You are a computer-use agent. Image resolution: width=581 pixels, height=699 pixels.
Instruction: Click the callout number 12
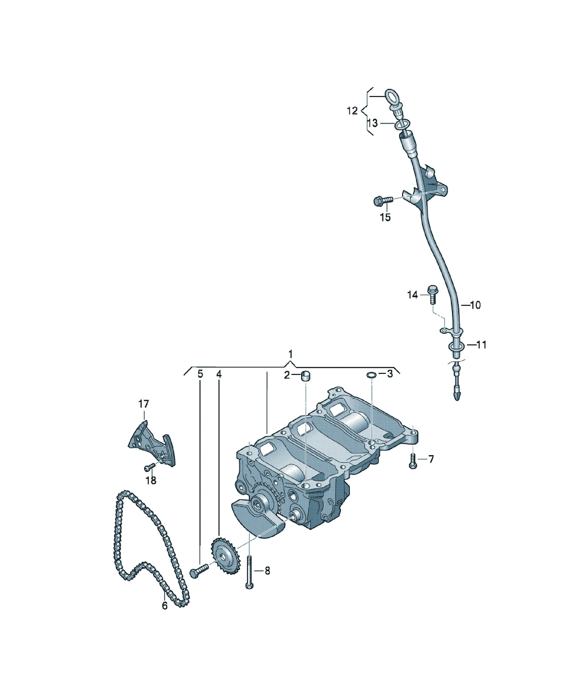(x=352, y=110)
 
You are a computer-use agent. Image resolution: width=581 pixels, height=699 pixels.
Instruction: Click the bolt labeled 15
(x=383, y=200)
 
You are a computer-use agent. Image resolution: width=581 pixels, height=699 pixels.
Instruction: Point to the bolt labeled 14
(x=432, y=294)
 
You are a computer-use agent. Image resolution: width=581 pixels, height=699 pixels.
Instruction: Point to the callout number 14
(x=412, y=295)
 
